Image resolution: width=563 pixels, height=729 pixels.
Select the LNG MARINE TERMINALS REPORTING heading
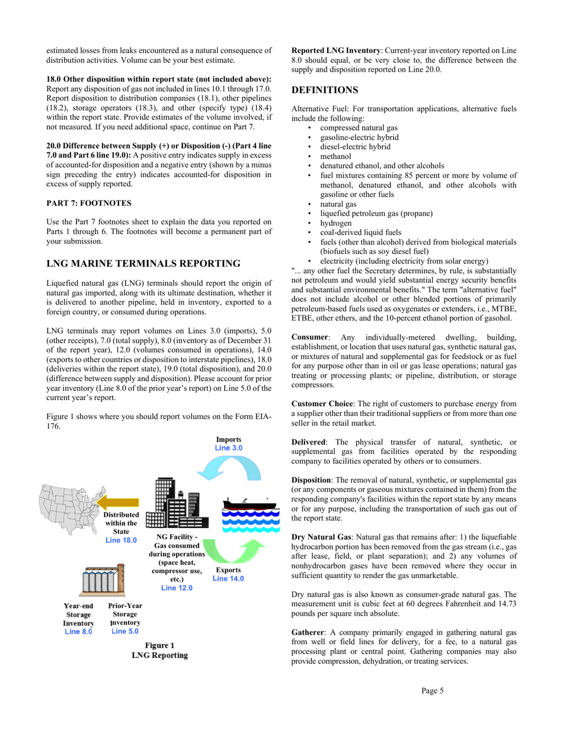143,263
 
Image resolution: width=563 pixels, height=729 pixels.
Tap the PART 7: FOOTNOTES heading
89,203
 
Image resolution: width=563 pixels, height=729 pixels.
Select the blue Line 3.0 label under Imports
228,448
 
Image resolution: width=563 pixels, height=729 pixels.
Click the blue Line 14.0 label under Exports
228,578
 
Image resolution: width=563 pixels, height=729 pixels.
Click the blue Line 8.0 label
78,632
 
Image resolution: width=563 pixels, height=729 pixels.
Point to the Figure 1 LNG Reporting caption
160,650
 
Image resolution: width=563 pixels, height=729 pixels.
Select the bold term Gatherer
309,633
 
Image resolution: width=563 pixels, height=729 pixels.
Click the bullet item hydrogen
335,223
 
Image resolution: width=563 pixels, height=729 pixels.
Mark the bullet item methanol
335,156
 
